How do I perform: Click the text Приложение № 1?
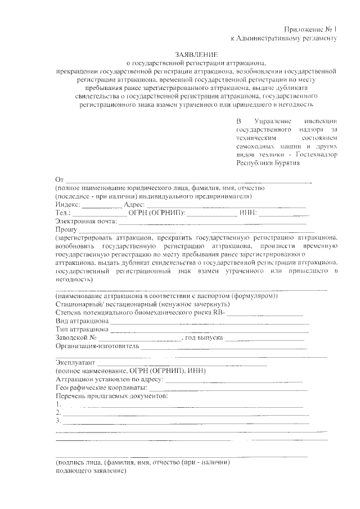point(309,29)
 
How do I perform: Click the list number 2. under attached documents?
point(58,412)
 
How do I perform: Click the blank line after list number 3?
point(186,422)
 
